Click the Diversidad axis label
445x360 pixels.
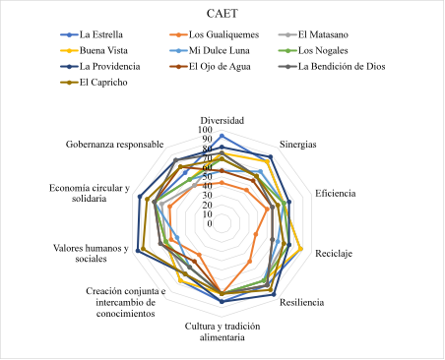pos(222,119)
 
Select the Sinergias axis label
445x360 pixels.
pos(298,145)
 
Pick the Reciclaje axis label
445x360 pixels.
pos(334,254)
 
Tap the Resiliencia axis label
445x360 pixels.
pos(302,302)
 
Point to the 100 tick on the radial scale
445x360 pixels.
pos(205,130)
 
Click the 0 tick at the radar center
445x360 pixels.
pos(209,223)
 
